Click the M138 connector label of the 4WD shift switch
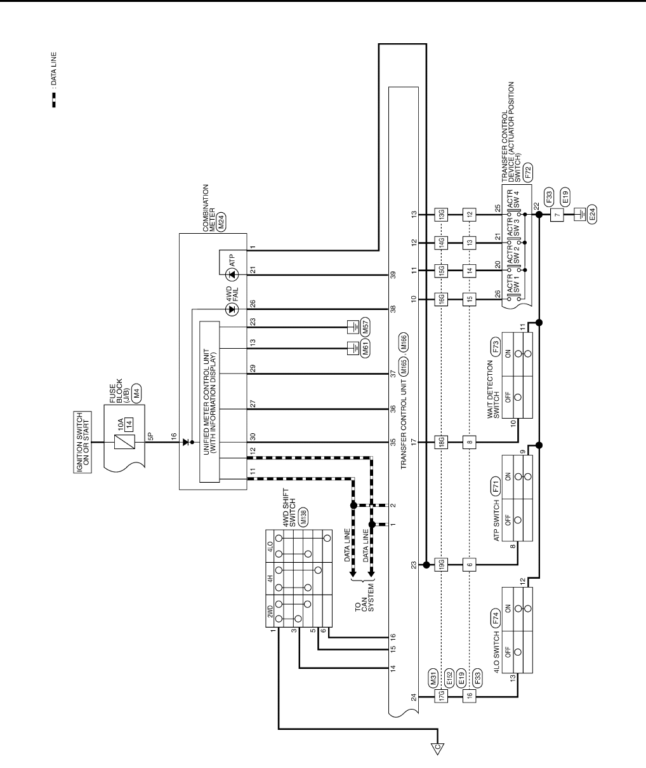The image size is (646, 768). [x=303, y=518]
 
